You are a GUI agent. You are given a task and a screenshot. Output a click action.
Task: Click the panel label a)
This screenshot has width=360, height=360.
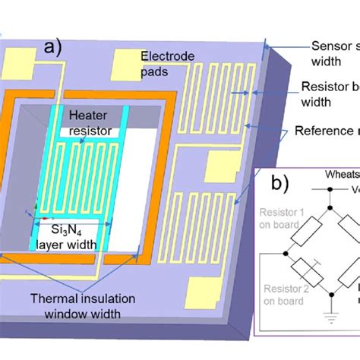60,46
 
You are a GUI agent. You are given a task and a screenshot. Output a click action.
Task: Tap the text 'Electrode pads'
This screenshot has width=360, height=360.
166,62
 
